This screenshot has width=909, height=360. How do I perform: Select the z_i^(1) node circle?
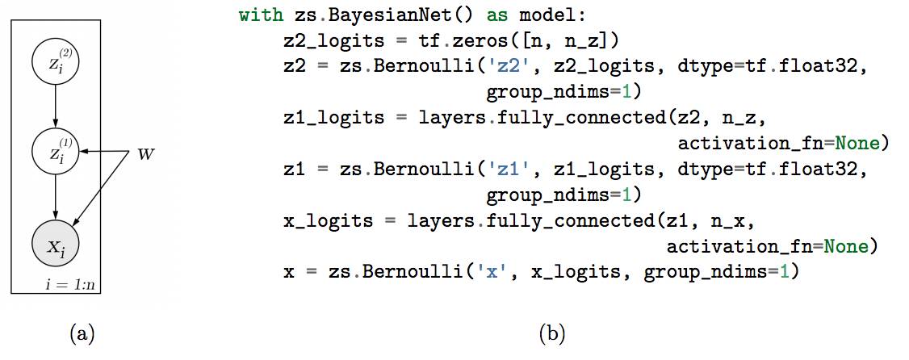tap(55, 150)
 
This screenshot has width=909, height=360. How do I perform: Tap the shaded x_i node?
tap(55, 241)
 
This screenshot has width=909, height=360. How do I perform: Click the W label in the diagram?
tap(145, 153)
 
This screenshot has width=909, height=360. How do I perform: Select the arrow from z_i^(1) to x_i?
tap(55, 195)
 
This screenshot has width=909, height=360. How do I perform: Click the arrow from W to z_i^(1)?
tap(105, 151)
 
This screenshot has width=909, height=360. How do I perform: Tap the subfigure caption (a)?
tap(82, 332)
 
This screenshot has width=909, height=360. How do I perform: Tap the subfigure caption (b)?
tap(551, 332)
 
